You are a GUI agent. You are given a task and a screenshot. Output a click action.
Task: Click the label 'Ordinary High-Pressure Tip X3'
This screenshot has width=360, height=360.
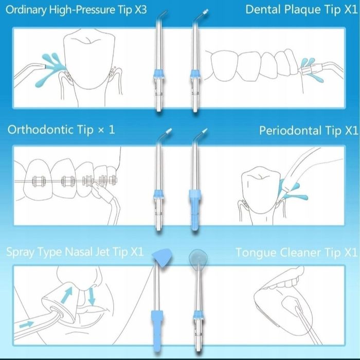coord(76,10)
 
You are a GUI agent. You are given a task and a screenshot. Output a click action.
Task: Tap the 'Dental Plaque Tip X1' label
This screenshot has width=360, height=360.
coord(301,10)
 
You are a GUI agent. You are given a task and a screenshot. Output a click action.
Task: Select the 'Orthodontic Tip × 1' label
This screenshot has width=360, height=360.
coord(61,130)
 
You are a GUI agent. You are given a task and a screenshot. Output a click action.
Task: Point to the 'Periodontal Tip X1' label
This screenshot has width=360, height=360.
coord(309,131)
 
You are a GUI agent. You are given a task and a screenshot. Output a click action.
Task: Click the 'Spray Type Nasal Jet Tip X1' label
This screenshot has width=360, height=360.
coord(75,252)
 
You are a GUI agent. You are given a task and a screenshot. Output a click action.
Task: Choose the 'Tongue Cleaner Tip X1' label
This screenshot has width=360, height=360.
coord(296,253)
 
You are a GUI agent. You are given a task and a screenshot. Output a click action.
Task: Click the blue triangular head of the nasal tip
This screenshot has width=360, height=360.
coord(163,258)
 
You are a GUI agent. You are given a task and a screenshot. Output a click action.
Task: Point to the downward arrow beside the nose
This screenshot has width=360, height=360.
coord(92,296)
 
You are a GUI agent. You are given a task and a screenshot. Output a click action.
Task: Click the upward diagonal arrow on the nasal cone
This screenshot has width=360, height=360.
coord(67,296)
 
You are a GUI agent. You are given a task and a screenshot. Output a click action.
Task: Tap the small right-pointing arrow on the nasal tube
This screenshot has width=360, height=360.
coord(26,325)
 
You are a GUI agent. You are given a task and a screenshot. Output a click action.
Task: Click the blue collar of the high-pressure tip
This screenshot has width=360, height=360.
coord(159,74)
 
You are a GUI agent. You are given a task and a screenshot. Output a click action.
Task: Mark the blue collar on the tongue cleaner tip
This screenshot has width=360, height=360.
coord(197,315)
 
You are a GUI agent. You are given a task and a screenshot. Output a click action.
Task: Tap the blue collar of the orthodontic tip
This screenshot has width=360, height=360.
coord(159,195)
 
